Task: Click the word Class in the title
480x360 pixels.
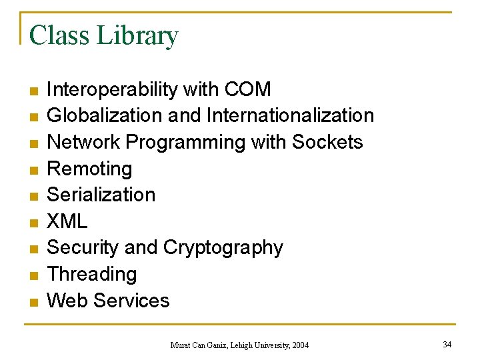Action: point(60,35)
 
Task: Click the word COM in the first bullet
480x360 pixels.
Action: point(248,89)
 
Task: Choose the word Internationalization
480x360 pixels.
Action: point(290,116)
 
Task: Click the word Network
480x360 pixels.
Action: point(83,142)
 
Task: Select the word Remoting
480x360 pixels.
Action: point(89,169)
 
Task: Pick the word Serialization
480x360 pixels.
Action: point(101,195)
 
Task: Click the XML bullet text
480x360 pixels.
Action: point(67,221)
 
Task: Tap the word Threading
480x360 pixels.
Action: point(92,275)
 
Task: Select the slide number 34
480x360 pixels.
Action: point(447,344)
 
